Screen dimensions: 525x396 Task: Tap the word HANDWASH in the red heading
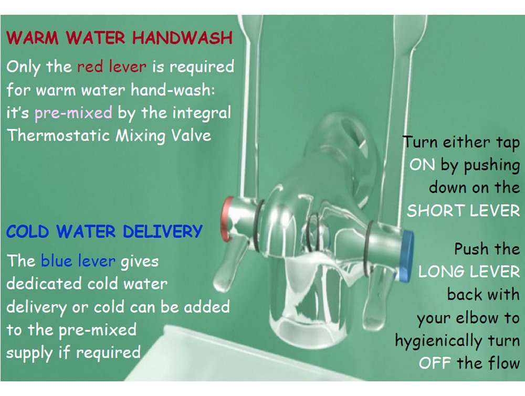tap(182, 37)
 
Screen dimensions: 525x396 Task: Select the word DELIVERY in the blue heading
tap(162, 231)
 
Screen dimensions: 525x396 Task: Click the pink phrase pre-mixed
tap(73, 113)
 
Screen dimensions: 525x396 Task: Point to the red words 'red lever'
tap(112, 66)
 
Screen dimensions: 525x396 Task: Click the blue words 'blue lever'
tap(78, 261)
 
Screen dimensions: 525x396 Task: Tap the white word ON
tap(422, 165)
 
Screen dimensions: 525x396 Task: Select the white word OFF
tap(435, 363)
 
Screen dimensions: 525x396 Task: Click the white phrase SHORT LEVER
tap(464, 211)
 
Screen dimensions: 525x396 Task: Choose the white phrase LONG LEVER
tap(469, 272)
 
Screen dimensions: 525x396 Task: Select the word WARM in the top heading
tap(33, 37)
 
